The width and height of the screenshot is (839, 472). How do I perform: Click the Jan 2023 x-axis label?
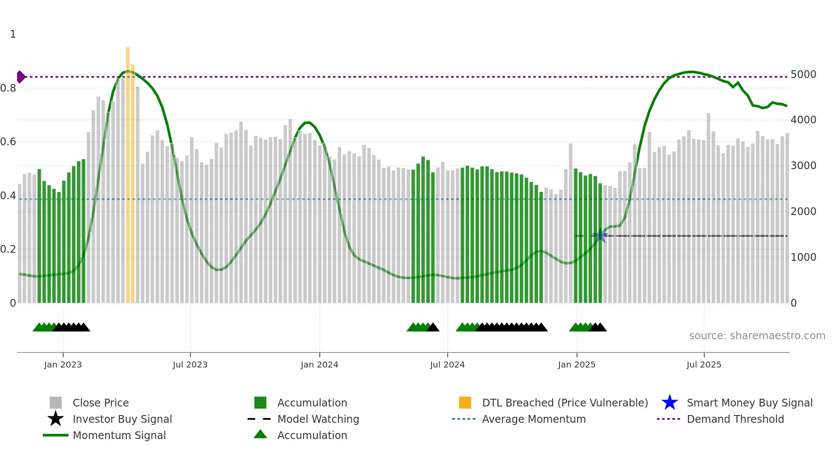[x=63, y=364]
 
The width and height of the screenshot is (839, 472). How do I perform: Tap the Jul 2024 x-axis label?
[x=447, y=364]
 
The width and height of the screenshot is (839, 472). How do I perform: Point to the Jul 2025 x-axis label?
[x=704, y=364]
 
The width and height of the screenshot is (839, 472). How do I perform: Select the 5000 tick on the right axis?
[x=803, y=75]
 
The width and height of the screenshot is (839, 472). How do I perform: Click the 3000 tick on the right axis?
[x=803, y=166]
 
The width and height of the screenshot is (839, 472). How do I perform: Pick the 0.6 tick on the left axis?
[x=8, y=142]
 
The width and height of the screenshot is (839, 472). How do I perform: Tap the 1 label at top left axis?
[x=13, y=34]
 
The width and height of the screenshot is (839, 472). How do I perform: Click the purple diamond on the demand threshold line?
[x=21, y=77]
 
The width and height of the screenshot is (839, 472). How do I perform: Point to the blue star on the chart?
[x=601, y=236]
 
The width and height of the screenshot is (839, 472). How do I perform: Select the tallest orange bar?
[x=128, y=171]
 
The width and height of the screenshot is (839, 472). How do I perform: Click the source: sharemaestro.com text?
[x=757, y=336]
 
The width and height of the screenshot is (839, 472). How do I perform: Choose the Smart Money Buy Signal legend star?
[x=669, y=403]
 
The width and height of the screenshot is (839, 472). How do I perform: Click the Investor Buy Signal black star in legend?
[x=56, y=419]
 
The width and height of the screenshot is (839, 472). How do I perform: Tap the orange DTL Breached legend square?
[x=465, y=403]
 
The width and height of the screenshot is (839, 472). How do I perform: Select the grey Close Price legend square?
[x=56, y=403]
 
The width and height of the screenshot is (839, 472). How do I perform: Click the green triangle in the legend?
[x=260, y=435]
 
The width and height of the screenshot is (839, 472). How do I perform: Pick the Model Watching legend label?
[x=318, y=419]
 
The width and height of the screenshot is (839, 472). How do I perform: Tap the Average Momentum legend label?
[x=534, y=419]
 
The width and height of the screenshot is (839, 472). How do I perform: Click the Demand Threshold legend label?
[x=735, y=419]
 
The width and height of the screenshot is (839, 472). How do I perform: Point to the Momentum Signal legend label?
[x=119, y=435]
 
